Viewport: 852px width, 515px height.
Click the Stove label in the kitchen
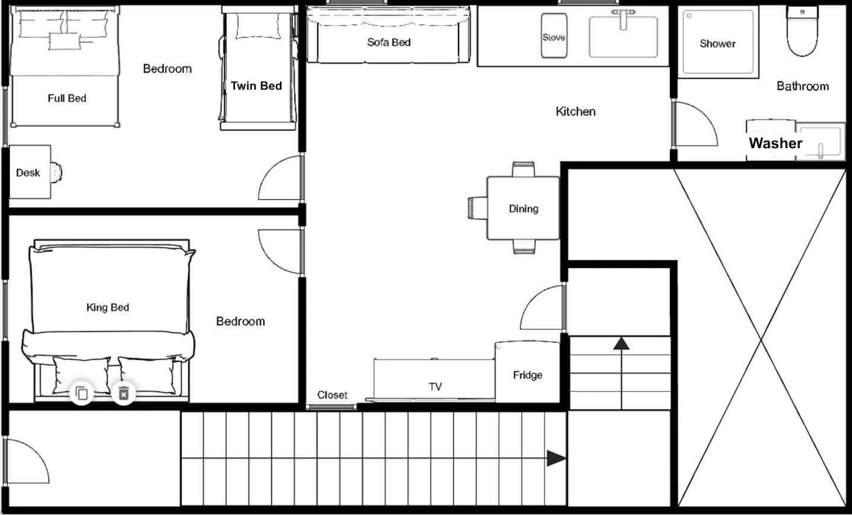(x=553, y=37)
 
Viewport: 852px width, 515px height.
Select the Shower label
(x=718, y=44)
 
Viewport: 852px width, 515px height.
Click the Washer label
(x=775, y=143)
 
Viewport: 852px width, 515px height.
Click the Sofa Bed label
(x=389, y=42)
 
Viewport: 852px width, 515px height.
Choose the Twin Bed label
(x=256, y=86)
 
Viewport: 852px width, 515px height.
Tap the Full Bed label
(x=67, y=98)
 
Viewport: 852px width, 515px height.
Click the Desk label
(x=28, y=172)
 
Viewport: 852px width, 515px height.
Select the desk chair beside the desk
(x=56, y=172)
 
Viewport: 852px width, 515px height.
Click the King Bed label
(x=107, y=307)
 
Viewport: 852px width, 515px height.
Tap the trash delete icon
(x=124, y=393)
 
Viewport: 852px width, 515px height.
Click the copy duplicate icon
(x=82, y=393)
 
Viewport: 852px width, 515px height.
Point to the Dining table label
(x=524, y=209)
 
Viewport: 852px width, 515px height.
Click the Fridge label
(x=528, y=375)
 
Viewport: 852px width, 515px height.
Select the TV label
(x=435, y=387)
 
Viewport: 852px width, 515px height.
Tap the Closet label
(x=332, y=395)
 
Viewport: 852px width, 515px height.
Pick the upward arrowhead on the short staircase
(x=621, y=343)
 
